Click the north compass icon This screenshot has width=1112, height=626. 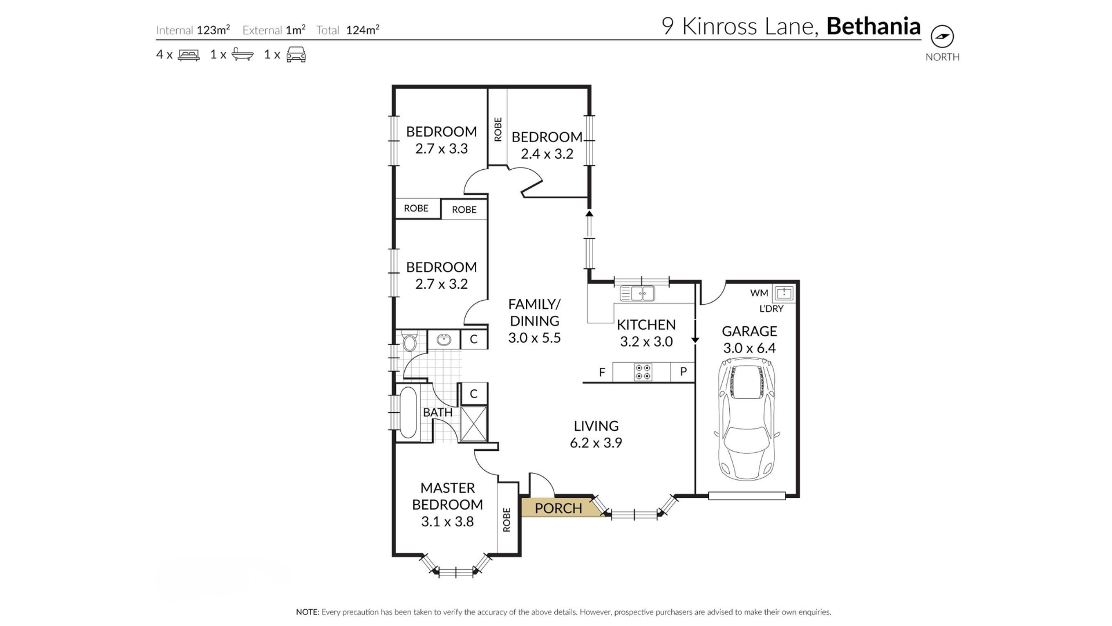point(942,37)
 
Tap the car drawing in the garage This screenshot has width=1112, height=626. point(748,419)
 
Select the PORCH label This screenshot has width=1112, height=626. point(558,508)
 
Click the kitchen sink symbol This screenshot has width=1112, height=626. point(637,293)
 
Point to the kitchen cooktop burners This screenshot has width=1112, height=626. point(643,372)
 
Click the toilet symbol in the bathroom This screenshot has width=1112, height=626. point(409,341)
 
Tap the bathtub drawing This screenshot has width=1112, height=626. point(408,412)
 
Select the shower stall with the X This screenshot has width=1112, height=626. point(473,424)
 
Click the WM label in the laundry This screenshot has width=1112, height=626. point(759,293)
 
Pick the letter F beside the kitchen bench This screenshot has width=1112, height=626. point(602,373)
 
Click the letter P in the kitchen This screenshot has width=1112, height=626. point(683,372)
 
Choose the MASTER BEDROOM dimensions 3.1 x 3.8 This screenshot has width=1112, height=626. point(447,522)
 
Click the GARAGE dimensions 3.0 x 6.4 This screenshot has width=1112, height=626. point(749,348)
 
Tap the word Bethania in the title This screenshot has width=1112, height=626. point(873,26)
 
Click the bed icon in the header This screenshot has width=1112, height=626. point(189,55)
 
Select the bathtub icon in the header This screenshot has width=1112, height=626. point(243,54)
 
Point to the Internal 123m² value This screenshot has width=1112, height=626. point(213,30)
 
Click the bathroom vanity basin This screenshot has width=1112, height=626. point(444,340)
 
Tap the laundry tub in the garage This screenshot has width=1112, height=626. point(784,293)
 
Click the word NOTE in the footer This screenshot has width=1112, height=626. point(308,612)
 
